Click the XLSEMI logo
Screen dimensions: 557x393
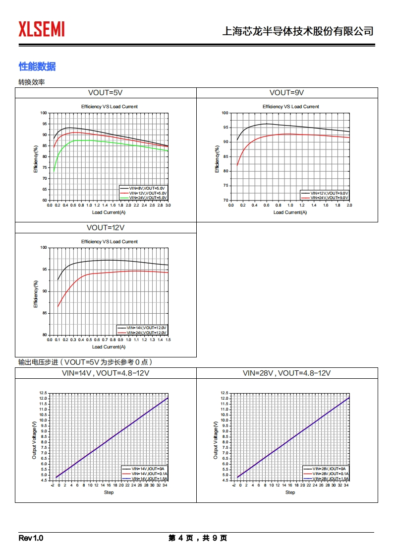point(42,29)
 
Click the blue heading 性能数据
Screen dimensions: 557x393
point(37,67)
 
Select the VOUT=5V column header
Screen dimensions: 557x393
point(105,93)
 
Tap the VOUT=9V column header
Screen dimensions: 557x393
point(286,93)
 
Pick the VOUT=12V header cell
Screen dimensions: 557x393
point(105,228)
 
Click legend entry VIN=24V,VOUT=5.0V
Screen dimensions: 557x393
point(148,198)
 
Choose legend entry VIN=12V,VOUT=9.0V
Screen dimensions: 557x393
point(329,193)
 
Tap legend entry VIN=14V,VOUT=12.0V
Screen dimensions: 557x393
point(147,328)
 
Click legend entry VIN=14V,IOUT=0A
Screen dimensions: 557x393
point(148,469)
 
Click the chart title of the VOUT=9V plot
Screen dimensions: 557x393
point(290,107)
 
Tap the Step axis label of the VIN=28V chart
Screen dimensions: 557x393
point(290,492)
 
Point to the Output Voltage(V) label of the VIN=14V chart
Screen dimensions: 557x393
point(34,439)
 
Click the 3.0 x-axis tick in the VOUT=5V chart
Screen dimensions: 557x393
point(168,205)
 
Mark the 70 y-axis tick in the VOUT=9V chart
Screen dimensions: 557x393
point(225,200)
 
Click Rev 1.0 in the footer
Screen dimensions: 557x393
point(31,538)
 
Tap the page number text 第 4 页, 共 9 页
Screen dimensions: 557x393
point(197,538)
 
